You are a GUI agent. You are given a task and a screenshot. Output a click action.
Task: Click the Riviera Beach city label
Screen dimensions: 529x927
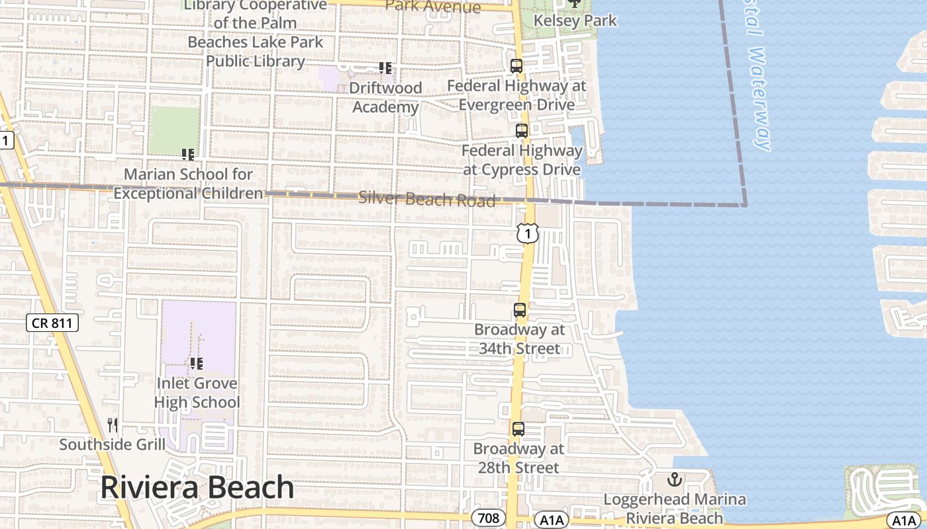197,488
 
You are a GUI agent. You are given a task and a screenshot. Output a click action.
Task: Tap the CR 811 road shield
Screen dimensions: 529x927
52,323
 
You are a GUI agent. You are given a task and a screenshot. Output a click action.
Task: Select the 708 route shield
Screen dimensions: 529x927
489,518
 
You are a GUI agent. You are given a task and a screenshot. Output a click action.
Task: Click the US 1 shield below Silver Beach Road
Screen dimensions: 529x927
528,233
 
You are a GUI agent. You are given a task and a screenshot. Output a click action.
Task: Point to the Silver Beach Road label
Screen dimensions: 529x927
426,199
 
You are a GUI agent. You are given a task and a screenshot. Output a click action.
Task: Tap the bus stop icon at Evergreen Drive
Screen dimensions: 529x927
516,66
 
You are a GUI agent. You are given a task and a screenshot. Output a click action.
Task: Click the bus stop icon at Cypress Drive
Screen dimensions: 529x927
522,131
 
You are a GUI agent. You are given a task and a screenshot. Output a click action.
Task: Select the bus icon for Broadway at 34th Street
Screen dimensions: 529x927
520,309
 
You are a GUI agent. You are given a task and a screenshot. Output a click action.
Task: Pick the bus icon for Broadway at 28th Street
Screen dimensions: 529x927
518,429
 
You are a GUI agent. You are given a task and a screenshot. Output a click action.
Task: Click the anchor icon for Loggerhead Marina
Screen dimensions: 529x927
675,479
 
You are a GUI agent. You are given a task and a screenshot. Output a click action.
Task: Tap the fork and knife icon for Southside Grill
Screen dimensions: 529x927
113,425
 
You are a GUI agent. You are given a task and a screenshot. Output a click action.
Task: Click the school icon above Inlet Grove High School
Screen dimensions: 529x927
196,363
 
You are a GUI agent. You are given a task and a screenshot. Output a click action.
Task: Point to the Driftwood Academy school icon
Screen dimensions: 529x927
385,67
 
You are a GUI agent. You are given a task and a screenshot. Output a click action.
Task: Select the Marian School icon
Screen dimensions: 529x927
188,155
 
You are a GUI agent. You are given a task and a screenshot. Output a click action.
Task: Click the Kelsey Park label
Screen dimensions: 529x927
575,20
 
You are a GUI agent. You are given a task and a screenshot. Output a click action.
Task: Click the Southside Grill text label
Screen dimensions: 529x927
113,444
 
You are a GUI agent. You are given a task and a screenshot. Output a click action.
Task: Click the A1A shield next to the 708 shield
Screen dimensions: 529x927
551,520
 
